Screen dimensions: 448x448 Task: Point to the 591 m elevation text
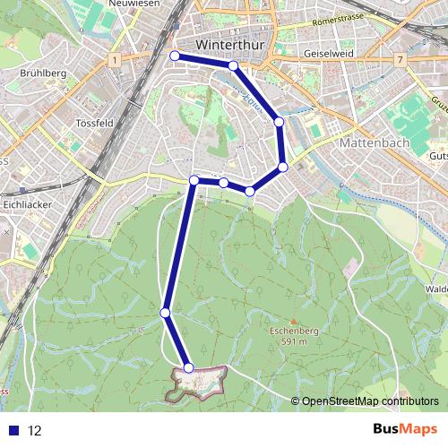click(x=294, y=340)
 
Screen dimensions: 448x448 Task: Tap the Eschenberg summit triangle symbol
click(x=294, y=321)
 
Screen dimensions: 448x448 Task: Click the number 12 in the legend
click(x=35, y=431)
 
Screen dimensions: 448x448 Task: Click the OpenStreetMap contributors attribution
click(x=369, y=401)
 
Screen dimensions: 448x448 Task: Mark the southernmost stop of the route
click(x=188, y=368)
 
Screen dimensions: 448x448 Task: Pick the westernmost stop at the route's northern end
click(x=175, y=56)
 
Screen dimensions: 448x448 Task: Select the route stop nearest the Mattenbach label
click(x=282, y=167)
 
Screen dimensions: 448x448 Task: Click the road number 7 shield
click(x=400, y=59)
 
